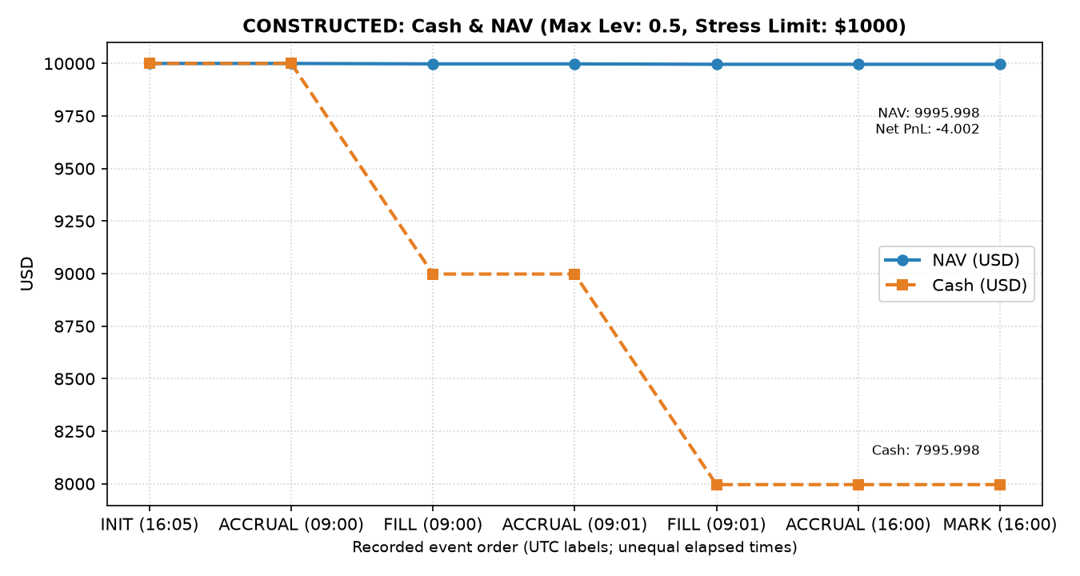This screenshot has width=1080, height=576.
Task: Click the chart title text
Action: tap(574, 26)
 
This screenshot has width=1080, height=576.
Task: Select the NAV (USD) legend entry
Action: tap(952, 260)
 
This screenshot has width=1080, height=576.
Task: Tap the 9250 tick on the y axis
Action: tap(74, 222)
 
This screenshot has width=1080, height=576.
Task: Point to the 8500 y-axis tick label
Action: tap(74, 379)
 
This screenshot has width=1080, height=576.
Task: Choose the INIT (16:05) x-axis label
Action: tap(150, 525)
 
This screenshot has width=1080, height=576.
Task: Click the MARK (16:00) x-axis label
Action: tap(1000, 525)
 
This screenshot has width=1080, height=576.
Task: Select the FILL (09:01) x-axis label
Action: tap(717, 525)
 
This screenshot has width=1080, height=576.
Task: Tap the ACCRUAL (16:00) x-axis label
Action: tap(858, 525)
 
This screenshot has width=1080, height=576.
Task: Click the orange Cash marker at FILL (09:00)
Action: tap(433, 274)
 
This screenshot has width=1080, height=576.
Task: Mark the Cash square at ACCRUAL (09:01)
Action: tap(574, 274)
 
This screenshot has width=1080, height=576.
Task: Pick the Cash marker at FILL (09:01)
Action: tap(717, 485)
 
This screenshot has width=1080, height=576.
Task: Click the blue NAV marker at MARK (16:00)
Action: tap(1000, 64)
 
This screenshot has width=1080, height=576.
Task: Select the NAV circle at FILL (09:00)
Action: tap(433, 64)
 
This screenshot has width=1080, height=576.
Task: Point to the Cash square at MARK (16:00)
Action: tap(1000, 485)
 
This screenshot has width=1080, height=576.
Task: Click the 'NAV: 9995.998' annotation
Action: tap(929, 114)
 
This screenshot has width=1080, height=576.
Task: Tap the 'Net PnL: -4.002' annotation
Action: tap(928, 129)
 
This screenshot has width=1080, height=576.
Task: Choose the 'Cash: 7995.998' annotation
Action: tap(926, 450)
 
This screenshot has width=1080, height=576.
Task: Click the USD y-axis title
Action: tap(27, 274)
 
